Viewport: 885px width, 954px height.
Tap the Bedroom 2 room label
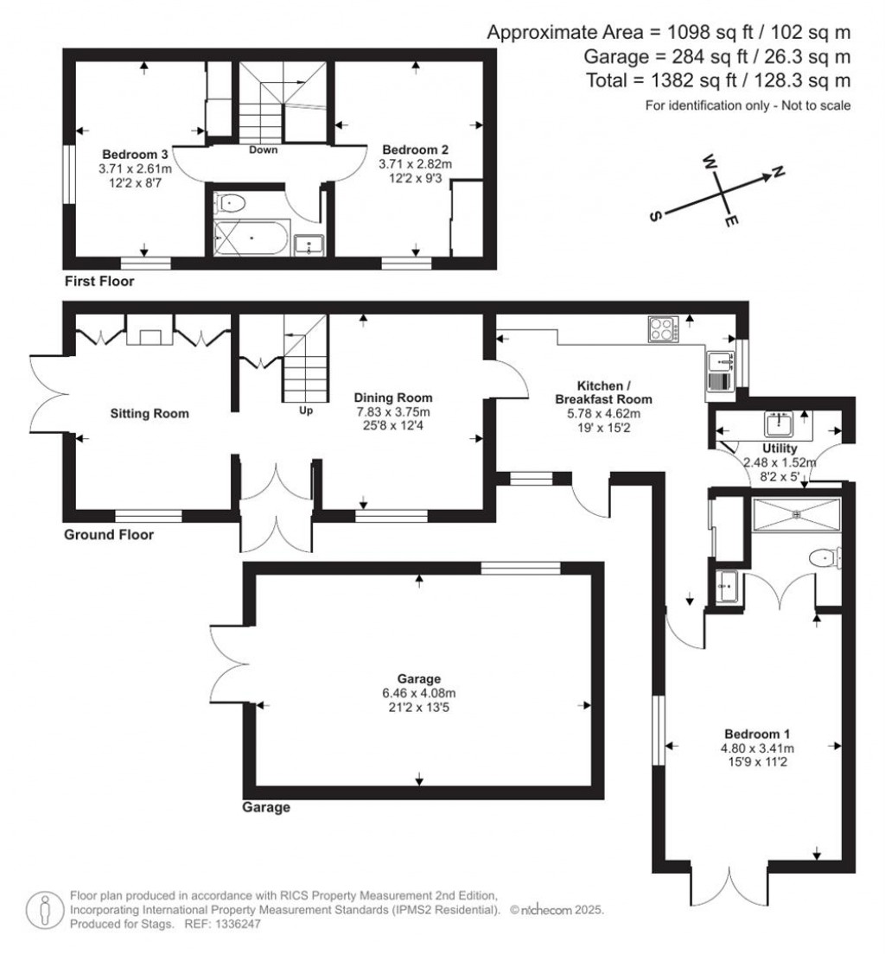point(415,147)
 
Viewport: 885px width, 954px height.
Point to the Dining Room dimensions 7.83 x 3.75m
point(393,411)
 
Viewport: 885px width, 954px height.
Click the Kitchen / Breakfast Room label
point(602,392)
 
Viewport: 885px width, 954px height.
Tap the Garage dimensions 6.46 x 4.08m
point(419,693)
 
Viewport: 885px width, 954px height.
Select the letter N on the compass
point(777,173)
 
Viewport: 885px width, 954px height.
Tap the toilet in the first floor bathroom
point(232,204)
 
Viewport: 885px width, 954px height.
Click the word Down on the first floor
point(263,149)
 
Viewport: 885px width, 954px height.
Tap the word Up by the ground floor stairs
point(305,411)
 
